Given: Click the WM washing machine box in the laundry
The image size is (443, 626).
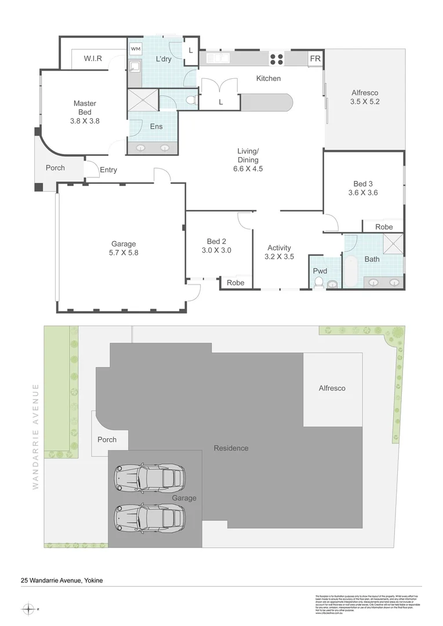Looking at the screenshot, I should [x=135, y=48].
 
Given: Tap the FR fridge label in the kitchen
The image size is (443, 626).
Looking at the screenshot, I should [x=315, y=59].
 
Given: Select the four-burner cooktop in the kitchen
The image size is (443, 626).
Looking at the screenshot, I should [x=277, y=59].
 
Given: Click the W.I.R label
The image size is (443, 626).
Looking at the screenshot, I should [x=93, y=59].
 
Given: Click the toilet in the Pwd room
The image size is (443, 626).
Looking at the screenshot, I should [x=318, y=282].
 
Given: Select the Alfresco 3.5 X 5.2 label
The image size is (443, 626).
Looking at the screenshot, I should [x=365, y=97].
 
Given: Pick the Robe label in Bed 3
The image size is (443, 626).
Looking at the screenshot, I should [x=384, y=227].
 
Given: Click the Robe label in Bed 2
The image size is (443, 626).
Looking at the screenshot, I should [x=235, y=283].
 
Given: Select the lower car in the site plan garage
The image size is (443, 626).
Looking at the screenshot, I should [x=150, y=515].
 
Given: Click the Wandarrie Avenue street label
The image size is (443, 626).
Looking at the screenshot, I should [x=36, y=436].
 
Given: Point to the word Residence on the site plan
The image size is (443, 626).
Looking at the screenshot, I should [x=231, y=448].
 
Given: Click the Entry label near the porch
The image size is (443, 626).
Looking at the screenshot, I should [x=108, y=170].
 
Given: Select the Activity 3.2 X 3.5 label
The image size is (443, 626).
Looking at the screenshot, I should [x=279, y=252].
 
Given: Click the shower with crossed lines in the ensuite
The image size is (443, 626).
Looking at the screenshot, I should [x=143, y=99].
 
